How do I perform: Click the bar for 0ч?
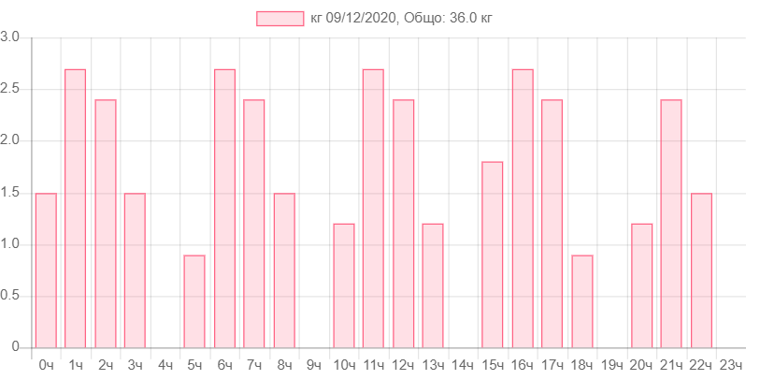tap(46, 270)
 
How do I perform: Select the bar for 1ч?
tap(76, 207)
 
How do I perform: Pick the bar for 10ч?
tap(344, 285)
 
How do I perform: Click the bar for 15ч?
tap(493, 254)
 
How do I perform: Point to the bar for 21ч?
tap(671, 223)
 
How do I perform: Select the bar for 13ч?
tap(433, 285)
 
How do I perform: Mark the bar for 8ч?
tap(284, 270)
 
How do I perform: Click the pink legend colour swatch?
tap(280, 19)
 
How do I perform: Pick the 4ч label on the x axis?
tap(165, 364)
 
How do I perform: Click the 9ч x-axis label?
tap(314, 364)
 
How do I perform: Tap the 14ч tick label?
tap(463, 364)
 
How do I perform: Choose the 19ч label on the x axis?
tap(612, 364)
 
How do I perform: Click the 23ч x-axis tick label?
tap(731, 364)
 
